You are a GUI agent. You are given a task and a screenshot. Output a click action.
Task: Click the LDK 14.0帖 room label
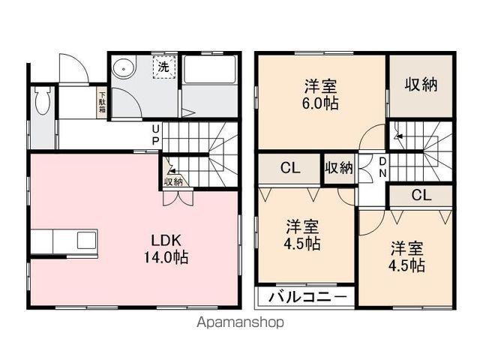[x=166, y=248]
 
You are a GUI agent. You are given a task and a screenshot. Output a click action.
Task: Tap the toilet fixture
[x=43, y=100]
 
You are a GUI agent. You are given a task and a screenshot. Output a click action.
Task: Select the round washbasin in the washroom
[x=123, y=69]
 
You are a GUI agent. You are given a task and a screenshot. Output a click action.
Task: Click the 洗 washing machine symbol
[x=164, y=67]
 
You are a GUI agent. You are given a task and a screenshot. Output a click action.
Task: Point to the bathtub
[x=209, y=70]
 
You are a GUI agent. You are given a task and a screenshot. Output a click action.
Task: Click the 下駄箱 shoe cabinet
[x=102, y=103]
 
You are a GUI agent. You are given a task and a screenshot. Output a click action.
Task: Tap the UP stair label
[x=156, y=135]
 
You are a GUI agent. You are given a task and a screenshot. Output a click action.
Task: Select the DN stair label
[x=382, y=167]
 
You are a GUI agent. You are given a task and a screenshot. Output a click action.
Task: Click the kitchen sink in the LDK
[x=87, y=240]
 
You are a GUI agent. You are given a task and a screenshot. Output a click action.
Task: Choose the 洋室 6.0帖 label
[x=320, y=95]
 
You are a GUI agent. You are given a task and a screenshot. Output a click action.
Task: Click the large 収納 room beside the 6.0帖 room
[x=421, y=86]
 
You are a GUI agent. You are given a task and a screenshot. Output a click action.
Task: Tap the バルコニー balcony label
[x=308, y=297]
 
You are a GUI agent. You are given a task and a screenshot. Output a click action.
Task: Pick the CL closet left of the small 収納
[x=289, y=169]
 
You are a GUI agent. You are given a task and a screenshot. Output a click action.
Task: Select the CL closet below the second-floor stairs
[x=421, y=195]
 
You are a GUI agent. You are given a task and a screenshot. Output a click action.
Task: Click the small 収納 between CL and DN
[x=339, y=169]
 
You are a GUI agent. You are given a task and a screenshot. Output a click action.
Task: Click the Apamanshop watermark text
[x=240, y=322]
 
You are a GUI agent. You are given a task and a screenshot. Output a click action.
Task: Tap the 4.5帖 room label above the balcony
[x=302, y=235]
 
